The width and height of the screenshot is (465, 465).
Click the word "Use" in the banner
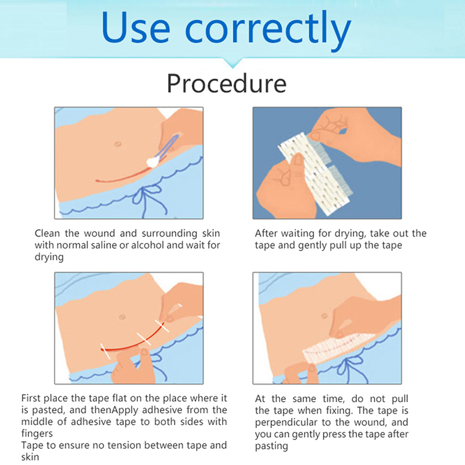coord(136,27)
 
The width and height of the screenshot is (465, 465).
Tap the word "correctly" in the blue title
coord(268,30)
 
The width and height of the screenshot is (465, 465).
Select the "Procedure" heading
coord(227,84)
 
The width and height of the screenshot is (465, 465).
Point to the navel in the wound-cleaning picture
coord(118,144)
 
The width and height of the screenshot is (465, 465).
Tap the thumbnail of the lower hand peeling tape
coord(298,160)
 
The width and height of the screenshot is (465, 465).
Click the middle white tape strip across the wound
coord(144,339)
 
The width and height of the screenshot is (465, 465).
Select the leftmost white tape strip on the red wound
coord(105,352)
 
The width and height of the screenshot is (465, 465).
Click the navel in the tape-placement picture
coord(121,317)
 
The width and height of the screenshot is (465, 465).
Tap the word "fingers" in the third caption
coord(37,434)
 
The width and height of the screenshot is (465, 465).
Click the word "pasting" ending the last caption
coord(271,446)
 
